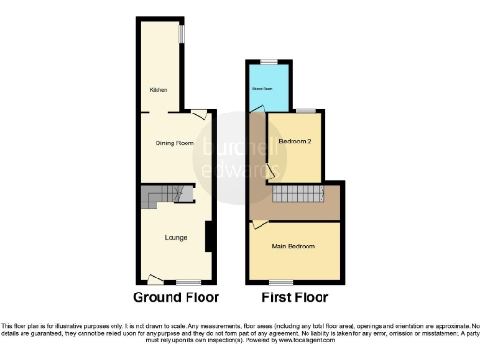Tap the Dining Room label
click(x=175, y=143)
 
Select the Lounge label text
click(x=175, y=238)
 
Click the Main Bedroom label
click(x=292, y=247)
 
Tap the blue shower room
click(x=269, y=89)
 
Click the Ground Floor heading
click(x=176, y=297)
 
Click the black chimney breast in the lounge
click(x=208, y=237)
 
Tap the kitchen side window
click(x=183, y=33)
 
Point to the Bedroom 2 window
click(x=306, y=111)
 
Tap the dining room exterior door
click(x=199, y=114)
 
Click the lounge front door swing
click(x=157, y=278)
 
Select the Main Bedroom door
click(x=258, y=225)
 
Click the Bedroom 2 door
click(x=271, y=171)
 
